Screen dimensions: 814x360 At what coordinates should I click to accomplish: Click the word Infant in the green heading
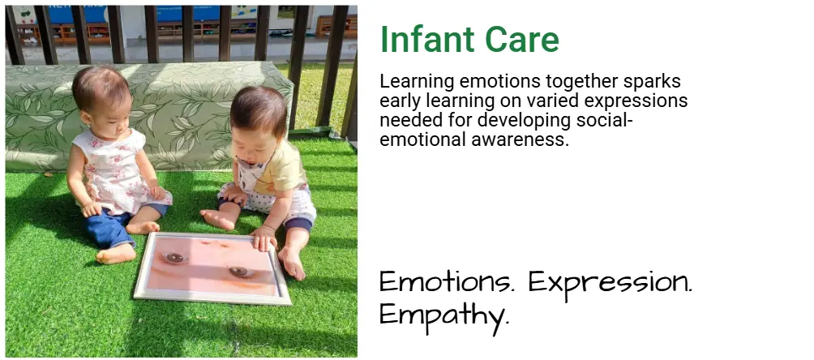(x=427, y=40)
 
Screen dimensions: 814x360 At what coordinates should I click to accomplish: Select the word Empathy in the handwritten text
(x=443, y=315)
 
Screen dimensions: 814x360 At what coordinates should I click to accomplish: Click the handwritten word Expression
(x=610, y=283)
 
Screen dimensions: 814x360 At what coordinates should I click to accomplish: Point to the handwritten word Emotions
(x=447, y=282)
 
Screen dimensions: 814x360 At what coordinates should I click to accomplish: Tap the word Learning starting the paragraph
(x=418, y=82)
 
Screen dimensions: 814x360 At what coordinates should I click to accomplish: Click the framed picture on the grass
(x=212, y=268)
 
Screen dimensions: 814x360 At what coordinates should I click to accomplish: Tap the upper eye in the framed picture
(x=174, y=258)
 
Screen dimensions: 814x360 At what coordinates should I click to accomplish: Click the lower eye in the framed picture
(x=238, y=272)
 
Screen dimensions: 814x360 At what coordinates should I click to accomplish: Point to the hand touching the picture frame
(x=265, y=238)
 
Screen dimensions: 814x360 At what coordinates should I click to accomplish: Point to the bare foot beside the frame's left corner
(x=115, y=255)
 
